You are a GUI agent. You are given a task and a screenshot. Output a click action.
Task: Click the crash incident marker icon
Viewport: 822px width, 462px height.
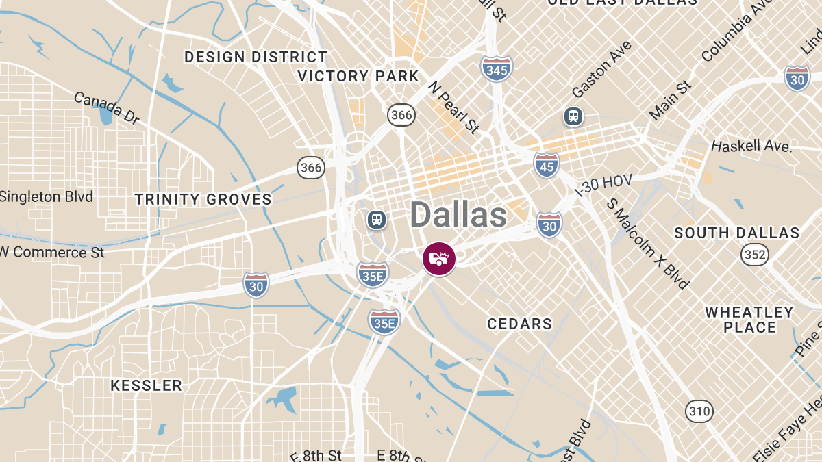point(439,259)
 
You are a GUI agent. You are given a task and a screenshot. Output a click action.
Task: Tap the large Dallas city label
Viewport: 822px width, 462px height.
point(458,215)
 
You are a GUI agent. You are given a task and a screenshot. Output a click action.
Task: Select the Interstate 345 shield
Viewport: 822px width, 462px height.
point(496,69)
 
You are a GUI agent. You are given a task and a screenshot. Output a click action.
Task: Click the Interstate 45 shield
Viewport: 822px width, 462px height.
point(546,164)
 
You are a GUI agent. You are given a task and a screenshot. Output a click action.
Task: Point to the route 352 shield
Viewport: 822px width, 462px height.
point(755,255)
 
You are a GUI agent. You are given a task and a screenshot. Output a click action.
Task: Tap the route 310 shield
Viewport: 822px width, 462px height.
point(699,411)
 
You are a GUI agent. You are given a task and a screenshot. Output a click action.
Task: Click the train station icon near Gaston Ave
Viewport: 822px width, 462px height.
point(573,116)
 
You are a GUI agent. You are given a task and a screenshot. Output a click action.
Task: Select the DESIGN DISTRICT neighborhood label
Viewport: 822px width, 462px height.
point(256,57)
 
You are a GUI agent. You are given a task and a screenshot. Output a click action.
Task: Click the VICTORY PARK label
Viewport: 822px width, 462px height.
point(358,76)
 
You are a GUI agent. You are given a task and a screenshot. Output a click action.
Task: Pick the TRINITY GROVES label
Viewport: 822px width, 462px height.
point(203,199)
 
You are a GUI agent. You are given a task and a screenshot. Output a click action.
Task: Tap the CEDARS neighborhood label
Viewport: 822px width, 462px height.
point(519,324)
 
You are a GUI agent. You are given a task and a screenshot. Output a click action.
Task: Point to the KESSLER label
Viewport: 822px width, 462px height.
point(147,385)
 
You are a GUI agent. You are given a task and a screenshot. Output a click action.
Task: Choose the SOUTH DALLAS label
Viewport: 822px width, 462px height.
point(736,233)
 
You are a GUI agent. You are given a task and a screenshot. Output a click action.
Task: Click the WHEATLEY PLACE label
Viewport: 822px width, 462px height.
point(749,320)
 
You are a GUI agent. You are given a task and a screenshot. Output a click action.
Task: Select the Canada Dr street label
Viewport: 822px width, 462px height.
point(106,108)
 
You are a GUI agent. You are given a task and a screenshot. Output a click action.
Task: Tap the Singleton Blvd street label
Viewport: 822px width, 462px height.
point(46,197)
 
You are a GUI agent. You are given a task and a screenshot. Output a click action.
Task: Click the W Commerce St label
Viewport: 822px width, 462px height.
point(52,252)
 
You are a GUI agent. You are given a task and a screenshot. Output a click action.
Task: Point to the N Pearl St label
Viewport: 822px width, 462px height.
point(453,107)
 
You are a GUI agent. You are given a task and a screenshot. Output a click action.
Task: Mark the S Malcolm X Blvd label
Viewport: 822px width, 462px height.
point(648,244)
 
